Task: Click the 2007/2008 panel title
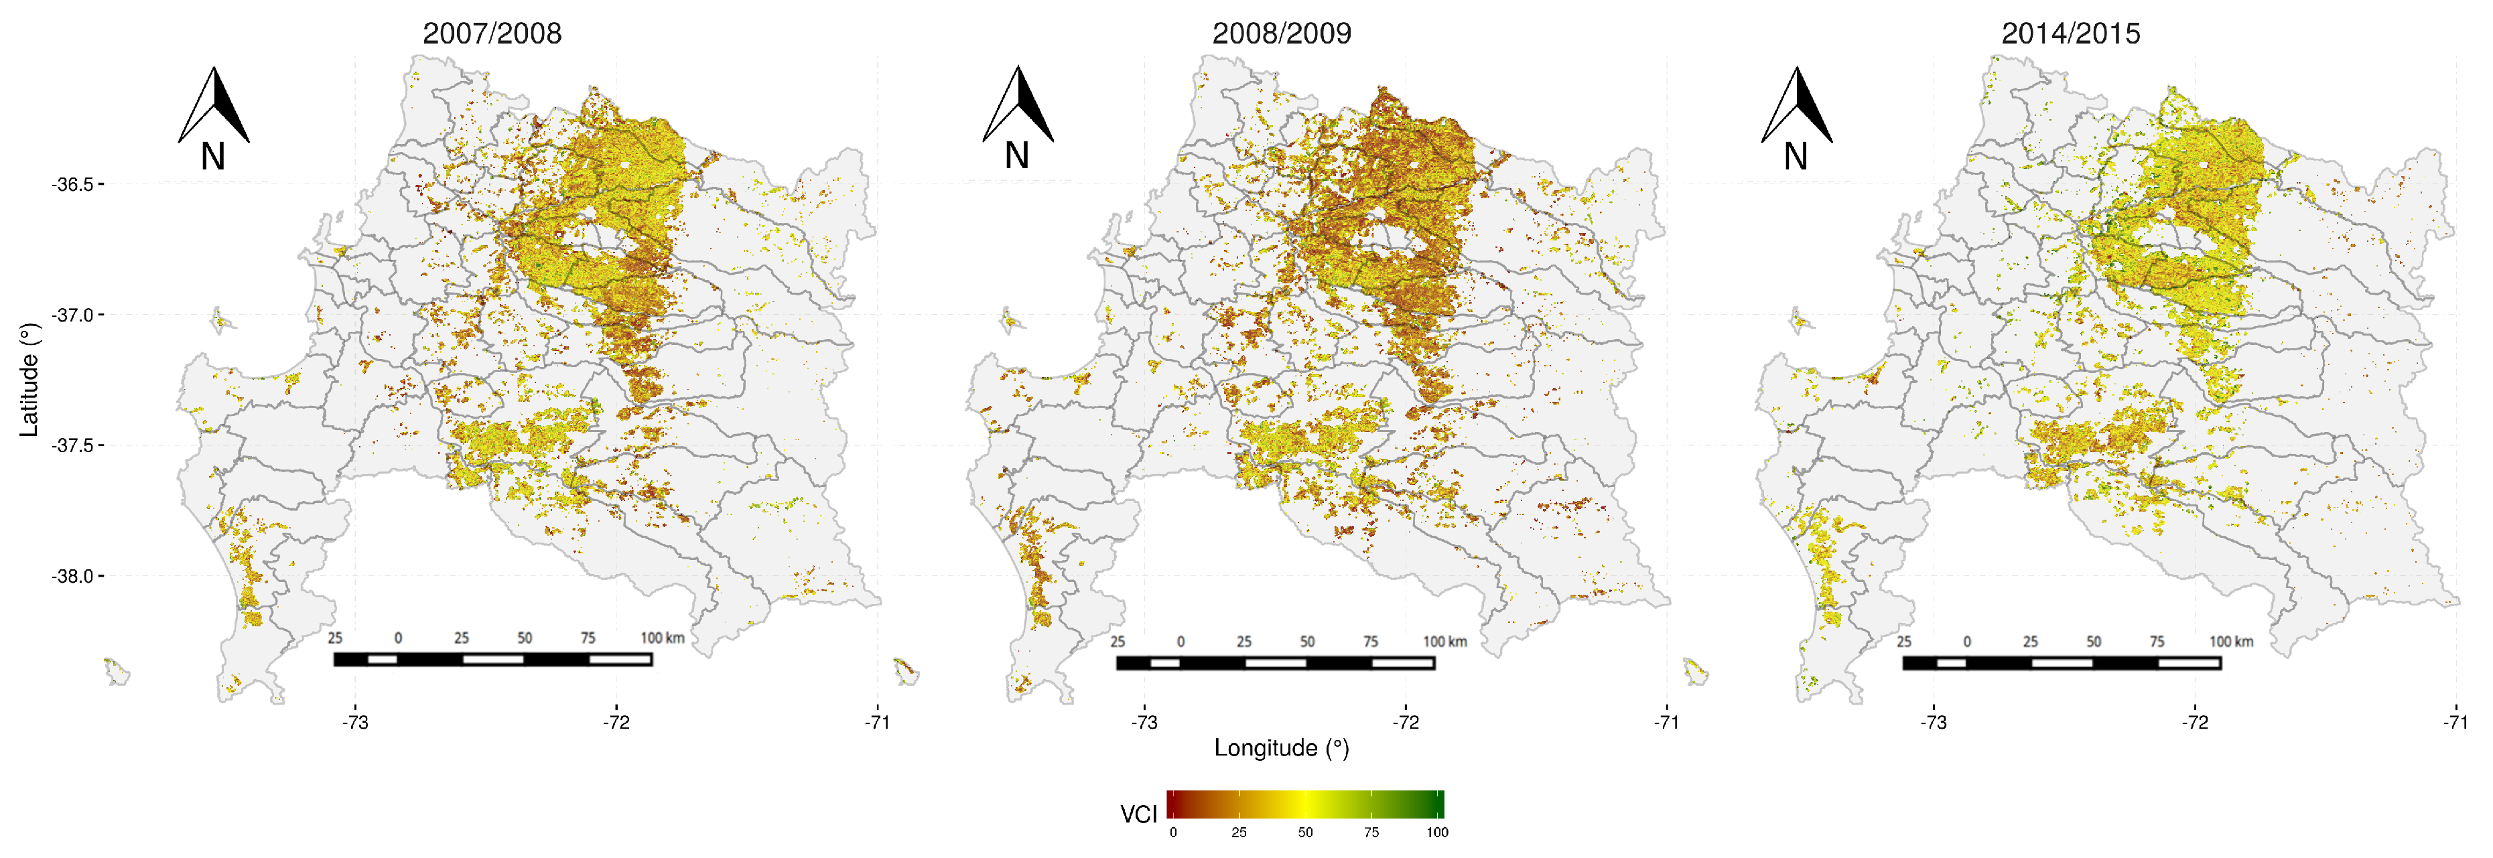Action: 492,34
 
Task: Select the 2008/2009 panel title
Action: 1282,34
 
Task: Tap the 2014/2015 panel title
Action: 2070,34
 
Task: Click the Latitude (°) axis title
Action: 29,380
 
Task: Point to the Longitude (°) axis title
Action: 1282,747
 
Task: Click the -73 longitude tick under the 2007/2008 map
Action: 355,723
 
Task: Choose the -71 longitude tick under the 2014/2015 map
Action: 2455,723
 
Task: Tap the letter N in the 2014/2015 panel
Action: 1796,157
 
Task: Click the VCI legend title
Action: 1138,814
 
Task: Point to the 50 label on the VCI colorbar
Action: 1306,833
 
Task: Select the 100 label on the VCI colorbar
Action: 1437,833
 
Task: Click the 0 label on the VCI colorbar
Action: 1173,833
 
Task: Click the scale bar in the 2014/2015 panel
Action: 2062,662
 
